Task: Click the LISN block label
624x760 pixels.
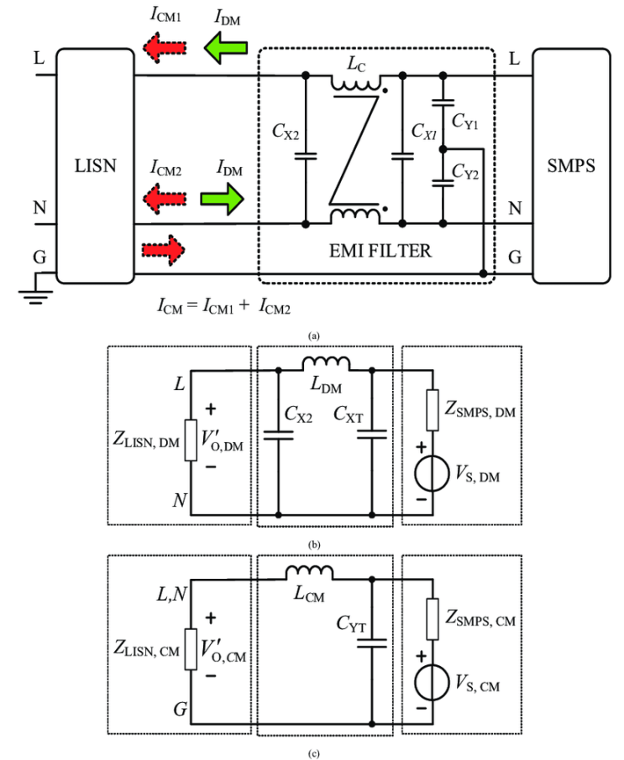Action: [95, 166]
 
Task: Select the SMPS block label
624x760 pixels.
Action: [571, 166]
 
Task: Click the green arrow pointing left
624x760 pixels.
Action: [226, 48]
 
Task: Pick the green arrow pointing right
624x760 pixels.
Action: [222, 199]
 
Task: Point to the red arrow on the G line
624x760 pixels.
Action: [163, 250]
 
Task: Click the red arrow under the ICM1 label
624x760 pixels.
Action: [165, 48]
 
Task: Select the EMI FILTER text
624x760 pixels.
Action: [380, 251]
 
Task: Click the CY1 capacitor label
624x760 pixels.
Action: [464, 121]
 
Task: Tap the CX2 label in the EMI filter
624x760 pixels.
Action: [286, 131]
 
